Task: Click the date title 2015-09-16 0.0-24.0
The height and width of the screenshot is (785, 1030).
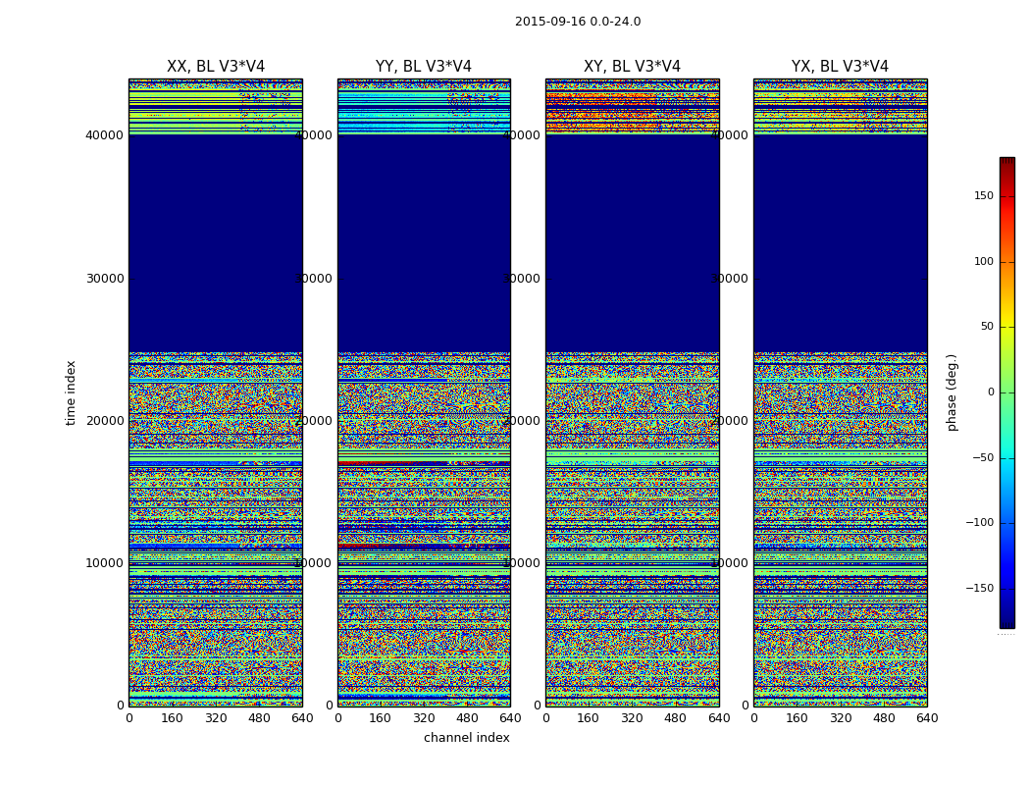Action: pyautogui.click(x=578, y=22)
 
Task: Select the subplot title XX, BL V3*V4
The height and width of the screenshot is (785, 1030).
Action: pyautogui.click(x=216, y=67)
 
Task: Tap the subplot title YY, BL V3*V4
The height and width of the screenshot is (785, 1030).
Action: pyautogui.click(x=424, y=67)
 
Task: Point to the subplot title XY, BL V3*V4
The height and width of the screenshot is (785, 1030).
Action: pyautogui.click(x=632, y=67)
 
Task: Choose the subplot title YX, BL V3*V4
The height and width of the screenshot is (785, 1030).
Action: pyautogui.click(x=840, y=67)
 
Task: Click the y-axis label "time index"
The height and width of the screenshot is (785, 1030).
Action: pyautogui.click(x=71, y=392)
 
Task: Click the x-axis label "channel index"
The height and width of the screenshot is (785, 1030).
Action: pyautogui.click(x=467, y=738)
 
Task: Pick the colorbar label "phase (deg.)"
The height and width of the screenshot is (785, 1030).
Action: pyautogui.click(x=952, y=392)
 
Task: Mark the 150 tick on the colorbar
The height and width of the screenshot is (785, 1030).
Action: pyautogui.click(x=984, y=196)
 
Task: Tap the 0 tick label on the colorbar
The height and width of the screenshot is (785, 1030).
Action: pyautogui.click(x=991, y=392)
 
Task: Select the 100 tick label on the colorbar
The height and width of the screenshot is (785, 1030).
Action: pyautogui.click(x=984, y=262)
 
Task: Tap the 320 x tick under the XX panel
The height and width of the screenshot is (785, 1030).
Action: pyautogui.click(x=216, y=718)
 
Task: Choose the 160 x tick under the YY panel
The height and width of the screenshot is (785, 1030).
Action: pyautogui.click(x=381, y=718)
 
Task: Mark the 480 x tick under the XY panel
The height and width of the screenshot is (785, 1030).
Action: pyautogui.click(x=675, y=718)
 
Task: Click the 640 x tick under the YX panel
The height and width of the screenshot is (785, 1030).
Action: pyautogui.click(x=927, y=718)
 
